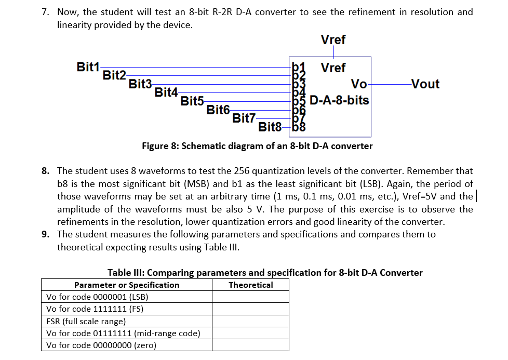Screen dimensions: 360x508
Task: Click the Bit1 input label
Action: click(x=88, y=66)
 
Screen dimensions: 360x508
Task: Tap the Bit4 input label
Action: click(x=166, y=92)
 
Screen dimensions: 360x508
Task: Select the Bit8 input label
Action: click(x=270, y=126)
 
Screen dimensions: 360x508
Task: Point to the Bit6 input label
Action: click(x=218, y=110)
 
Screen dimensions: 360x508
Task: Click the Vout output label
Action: click(x=425, y=84)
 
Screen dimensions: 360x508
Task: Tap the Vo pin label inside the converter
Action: click(x=359, y=84)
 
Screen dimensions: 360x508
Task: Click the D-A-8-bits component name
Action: click(x=339, y=100)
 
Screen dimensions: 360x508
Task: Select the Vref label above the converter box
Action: click(x=333, y=39)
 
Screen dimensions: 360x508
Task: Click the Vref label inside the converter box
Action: click(x=333, y=68)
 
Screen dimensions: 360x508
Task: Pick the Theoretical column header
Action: click(x=250, y=285)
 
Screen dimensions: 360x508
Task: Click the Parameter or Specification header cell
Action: click(x=127, y=285)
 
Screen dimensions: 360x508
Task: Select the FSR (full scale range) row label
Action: click(x=86, y=321)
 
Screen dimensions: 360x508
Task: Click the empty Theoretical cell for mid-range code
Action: click(x=250, y=333)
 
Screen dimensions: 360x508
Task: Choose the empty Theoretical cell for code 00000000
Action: click(x=250, y=345)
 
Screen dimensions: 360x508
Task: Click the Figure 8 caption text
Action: click(x=257, y=146)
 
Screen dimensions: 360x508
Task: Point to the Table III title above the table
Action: click(x=265, y=273)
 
